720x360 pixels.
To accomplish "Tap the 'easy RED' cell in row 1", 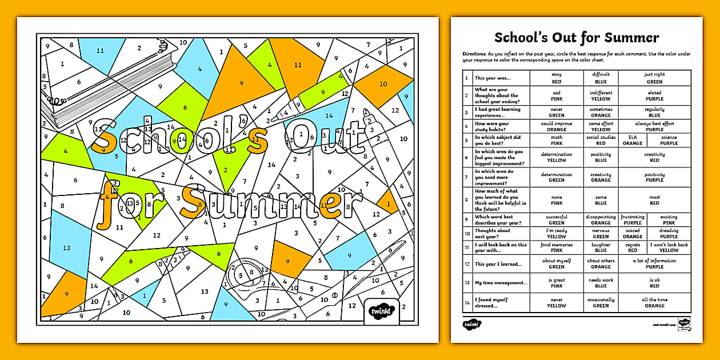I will [x=556, y=78].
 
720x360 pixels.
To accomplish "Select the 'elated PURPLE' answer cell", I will [x=654, y=95].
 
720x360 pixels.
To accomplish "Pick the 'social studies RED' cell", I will [x=601, y=140].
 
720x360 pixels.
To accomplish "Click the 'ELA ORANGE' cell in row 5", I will [x=633, y=140].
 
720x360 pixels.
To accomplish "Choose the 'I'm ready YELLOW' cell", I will [x=556, y=233].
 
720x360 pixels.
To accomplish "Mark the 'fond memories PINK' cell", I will [x=556, y=247].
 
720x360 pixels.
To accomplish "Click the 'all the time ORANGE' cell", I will [x=654, y=302].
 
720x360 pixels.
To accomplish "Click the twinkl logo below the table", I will [x=472, y=324].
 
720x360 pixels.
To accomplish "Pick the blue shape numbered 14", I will [x=329, y=115].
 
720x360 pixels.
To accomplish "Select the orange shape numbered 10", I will [x=383, y=83].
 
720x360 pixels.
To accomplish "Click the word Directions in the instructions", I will [x=475, y=53].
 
